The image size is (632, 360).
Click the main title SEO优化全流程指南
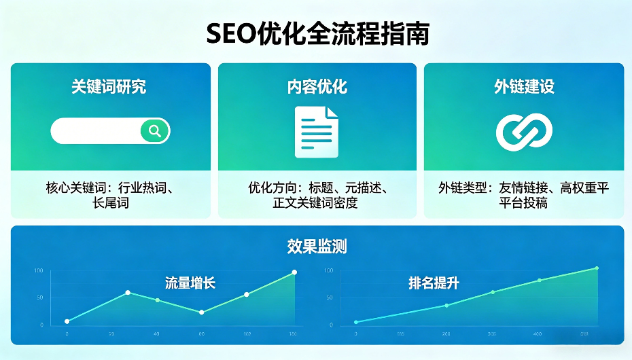tap(318, 33)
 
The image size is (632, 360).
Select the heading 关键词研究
tap(109, 86)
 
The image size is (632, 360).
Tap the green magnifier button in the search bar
tap(155, 130)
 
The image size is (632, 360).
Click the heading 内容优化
tap(317, 86)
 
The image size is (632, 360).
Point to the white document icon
tap(316, 132)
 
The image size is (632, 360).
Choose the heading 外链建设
tap(524, 86)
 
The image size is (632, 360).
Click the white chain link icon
tap(524, 132)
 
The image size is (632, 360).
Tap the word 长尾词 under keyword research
tap(111, 202)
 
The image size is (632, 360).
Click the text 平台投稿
tap(523, 202)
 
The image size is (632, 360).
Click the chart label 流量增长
tap(190, 283)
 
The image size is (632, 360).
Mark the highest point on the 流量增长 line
tap(294, 272)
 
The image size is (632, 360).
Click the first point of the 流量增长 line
tap(67, 321)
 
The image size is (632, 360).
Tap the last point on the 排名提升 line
tap(597, 268)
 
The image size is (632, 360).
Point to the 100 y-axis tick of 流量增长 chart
tap(38, 271)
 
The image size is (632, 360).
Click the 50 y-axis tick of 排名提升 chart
tap(330, 298)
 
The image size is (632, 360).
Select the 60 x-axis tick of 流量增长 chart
tap(202, 334)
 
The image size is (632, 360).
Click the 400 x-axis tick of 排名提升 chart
tap(538, 334)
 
